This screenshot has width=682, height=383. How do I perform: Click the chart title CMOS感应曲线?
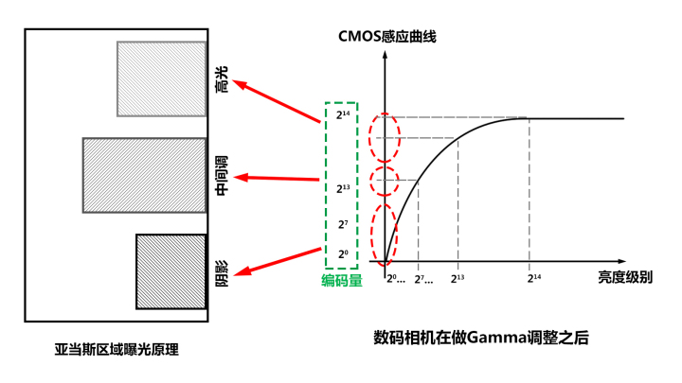(x=387, y=37)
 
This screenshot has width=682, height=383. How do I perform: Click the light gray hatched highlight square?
(x=161, y=78)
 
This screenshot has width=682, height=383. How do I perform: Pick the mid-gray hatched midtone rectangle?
(x=144, y=175)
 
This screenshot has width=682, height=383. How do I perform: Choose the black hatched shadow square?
(x=170, y=271)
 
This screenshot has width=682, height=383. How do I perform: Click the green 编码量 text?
(x=341, y=281)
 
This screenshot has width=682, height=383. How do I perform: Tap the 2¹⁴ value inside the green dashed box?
(x=343, y=115)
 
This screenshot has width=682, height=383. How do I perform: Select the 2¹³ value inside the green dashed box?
(x=343, y=188)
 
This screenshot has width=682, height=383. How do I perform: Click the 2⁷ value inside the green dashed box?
(x=343, y=224)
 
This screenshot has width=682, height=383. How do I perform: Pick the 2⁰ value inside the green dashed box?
(x=343, y=254)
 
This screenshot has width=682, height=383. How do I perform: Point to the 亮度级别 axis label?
(x=625, y=277)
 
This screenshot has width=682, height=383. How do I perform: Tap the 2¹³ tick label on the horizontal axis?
(x=458, y=278)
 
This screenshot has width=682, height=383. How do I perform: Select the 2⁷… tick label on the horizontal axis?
(x=423, y=279)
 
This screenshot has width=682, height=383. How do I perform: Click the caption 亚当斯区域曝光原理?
(x=117, y=350)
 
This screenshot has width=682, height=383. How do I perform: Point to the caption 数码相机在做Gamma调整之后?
(x=481, y=338)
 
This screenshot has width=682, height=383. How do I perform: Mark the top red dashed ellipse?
(x=384, y=136)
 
